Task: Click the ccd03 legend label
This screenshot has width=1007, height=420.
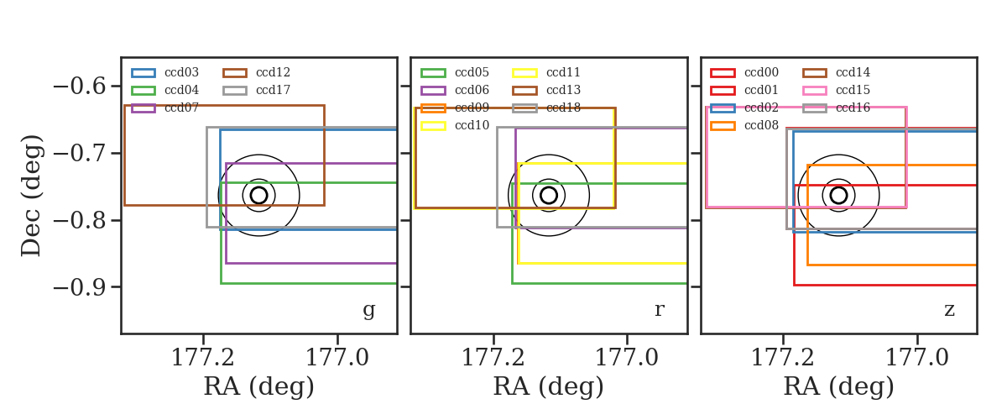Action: coord(181,72)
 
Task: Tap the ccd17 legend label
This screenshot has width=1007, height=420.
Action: coord(273,90)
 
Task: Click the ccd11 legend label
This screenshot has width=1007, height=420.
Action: coord(563,72)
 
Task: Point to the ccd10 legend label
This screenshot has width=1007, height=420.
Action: coord(472,125)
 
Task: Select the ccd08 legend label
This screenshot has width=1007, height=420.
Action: coord(761,125)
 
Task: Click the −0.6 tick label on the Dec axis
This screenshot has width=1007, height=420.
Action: coord(80,86)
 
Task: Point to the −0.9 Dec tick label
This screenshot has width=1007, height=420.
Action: coord(80,287)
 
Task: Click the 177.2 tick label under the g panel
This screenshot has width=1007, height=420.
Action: coord(203,358)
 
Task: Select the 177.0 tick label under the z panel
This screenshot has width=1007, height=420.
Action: coord(917,358)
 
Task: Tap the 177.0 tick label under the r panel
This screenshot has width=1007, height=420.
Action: coord(627,358)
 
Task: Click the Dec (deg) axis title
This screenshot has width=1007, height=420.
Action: coord(32,196)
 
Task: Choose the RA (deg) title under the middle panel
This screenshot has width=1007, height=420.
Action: coord(549,387)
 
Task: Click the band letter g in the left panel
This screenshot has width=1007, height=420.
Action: coord(368,311)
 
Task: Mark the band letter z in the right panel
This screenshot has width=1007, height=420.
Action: coord(949,310)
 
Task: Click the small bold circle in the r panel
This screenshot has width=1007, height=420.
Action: coord(549,187)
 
